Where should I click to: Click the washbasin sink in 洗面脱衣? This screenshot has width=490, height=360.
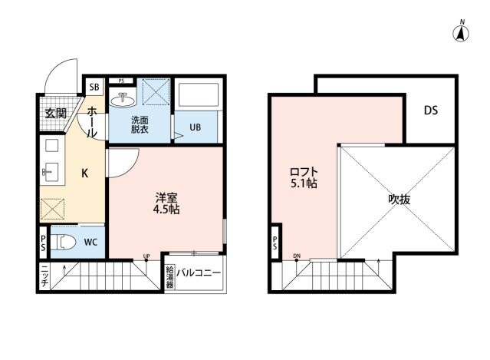click(x=121, y=100)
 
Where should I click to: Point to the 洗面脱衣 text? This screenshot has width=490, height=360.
click(x=139, y=125)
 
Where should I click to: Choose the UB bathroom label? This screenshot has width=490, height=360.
click(x=196, y=128)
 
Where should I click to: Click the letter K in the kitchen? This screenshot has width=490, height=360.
click(x=86, y=173)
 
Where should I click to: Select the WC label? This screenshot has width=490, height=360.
click(x=90, y=243)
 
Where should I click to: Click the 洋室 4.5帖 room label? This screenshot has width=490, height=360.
click(x=166, y=202)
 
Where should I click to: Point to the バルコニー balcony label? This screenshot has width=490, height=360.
click(x=199, y=273)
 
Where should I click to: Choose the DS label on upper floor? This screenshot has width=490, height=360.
click(x=431, y=110)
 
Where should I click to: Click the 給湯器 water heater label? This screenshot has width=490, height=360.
click(x=169, y=277)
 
